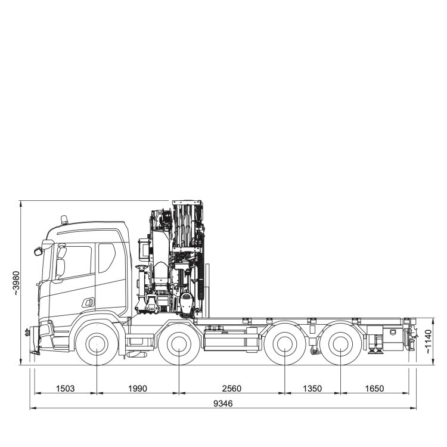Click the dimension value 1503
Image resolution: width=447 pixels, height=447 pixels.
pos(66,388)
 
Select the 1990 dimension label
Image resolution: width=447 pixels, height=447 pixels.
pos(138,388)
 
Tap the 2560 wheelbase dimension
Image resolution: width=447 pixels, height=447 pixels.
pos(231,388)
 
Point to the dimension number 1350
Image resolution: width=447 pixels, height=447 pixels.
pos(312,388)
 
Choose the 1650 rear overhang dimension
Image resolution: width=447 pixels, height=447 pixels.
pos(374,388)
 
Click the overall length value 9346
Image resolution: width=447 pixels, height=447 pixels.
pos(223,403)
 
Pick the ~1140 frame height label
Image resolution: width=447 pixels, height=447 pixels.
pos(429,342)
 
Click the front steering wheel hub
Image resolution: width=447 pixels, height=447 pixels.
pos(97,344)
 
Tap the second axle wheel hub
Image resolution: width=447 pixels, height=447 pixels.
pos(179,344)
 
